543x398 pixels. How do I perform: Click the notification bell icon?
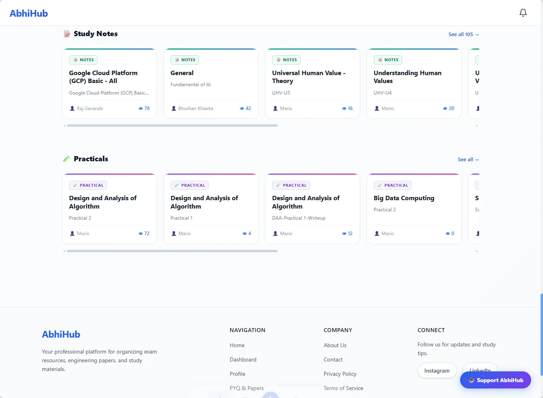point(523,13)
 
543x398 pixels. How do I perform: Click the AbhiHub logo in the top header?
point(29,14)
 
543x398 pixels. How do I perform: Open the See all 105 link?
point(464,35)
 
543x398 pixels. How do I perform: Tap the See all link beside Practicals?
point(468,159)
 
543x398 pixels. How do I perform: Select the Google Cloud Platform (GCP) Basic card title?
point(103,77)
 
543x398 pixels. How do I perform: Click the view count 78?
point(144,108)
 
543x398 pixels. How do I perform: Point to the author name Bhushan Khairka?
point(196,108)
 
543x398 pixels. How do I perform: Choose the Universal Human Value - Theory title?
point(309,77)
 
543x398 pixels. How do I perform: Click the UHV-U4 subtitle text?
point(382,93)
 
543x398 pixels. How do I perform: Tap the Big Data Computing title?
point(404,198)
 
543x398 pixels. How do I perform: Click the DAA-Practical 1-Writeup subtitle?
point(299,218)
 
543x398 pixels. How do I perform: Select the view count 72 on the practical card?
point(144,234)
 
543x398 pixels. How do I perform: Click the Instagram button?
point(437,371)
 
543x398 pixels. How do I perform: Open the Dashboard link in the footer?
point(243,359)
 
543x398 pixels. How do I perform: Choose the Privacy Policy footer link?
point(340,374)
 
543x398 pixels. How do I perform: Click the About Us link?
point(335,345)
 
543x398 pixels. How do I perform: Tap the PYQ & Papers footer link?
point(247,388)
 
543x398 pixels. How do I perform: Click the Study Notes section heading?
point(96,34)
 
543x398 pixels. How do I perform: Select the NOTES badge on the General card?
point(185,60)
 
